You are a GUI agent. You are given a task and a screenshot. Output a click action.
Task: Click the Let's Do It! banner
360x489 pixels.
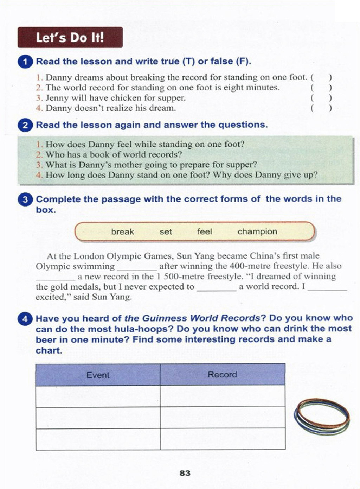pyautogui.click(x=70, y=37)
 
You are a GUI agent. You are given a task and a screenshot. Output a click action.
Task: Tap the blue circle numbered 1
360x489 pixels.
pyautogui.click(x=25, y=62)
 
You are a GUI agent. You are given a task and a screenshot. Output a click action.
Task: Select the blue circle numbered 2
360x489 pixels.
pyautogui.click(x=25, y=126)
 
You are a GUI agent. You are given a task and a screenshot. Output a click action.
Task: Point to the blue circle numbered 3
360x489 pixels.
pyautogui.click(x=25, y=200)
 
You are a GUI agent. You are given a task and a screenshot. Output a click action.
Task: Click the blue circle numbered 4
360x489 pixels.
pyautogui.click(x=25, y=319)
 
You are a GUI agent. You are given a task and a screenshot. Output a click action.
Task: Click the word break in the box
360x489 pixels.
pyautogui.click(x=122, y=232)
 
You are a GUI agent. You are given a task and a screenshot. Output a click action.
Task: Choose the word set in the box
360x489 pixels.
pyautogui.click(x=166, y=232)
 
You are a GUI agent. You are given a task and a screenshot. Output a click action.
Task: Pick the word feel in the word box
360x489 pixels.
pyautogui.click(x=205, y=232)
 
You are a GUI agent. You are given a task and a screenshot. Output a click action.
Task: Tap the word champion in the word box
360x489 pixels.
pyautogui.click(x=257, y=232)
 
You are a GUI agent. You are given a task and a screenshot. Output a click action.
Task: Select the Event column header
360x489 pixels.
pyautogui.click(x=98, y=375)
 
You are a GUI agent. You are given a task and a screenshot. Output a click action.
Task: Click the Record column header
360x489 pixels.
pyautogui.click(x=222, y=375)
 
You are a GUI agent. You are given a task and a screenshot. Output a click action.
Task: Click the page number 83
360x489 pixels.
pyautogui.click(x=185, y=473)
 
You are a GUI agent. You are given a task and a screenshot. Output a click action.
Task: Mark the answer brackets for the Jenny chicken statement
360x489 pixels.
pyautogui.click(x=321, y=98)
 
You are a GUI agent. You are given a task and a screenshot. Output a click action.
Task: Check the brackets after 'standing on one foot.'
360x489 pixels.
pyautogui.click(x=321, y=77)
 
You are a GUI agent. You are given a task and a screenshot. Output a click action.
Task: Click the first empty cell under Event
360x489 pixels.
pyautogui.click(x=98, y=396)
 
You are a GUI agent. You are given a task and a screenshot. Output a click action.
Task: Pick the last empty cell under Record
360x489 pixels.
pyautogui.click(x=222, y=439)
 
